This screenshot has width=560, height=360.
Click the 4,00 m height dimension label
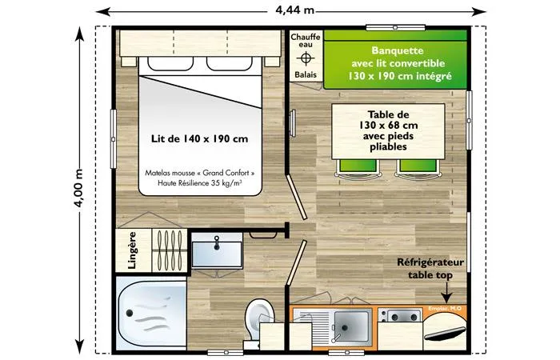click(x=78, y=189)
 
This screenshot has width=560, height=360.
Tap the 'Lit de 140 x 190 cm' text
click(x=199, y=138)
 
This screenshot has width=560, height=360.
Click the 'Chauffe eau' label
click(x=305, y=42)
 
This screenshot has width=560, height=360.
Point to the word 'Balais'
click(x=305, y=75)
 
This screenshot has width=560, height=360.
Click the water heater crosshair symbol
click(x=305, y=59)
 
